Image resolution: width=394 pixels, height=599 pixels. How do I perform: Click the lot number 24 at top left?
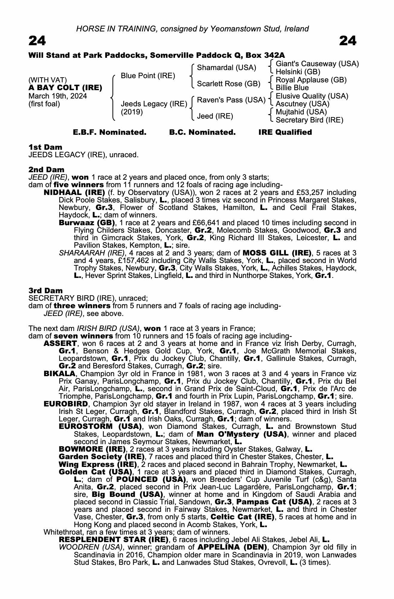click(37, 41)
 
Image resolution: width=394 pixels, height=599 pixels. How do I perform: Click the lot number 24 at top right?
click(348, 41)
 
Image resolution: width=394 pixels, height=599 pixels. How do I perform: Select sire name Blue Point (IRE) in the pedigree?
click(148, 76)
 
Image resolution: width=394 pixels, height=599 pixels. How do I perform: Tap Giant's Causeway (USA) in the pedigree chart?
click(317, 64)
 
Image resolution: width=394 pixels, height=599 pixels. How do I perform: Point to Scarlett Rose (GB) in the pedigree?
click(228, 84)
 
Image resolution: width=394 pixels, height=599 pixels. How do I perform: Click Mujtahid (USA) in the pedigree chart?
click(301, 112)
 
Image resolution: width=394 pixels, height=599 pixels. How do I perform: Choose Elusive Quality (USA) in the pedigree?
click(312, 96)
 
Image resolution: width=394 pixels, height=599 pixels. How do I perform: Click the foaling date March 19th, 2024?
click(58, 96)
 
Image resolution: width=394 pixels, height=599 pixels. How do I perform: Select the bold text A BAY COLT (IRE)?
click(65, 88)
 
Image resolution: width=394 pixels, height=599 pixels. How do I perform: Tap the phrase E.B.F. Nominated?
click(110, 132)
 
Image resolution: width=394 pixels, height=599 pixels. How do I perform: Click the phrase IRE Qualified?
click(285, 132)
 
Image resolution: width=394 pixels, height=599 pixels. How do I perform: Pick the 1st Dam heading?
click(46, 147)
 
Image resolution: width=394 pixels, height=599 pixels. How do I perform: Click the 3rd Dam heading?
click(46, 291)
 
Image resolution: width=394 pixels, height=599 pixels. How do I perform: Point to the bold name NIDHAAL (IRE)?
click(74, 193)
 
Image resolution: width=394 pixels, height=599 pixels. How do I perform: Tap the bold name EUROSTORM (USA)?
click(100, 426)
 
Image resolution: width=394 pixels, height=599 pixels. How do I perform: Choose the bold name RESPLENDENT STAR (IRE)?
click(114, 540)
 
